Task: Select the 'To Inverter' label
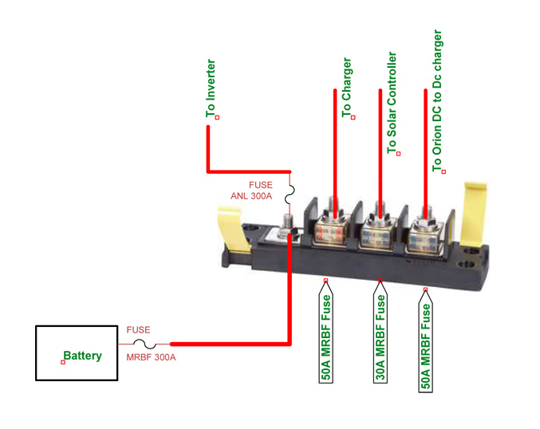[211, 89]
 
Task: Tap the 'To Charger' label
[346, 88]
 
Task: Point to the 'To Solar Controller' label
[392, 103]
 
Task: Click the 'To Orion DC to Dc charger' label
[437, 100]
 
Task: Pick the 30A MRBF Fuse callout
[380, 331]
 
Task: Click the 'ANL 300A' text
[251, 196]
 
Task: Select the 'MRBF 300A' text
[151, 357]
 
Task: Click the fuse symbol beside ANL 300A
[290, 195]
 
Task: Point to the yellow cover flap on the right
[475, 214]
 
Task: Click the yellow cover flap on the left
[234, 230]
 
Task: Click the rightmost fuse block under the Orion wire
[424, 238]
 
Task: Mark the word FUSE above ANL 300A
[261, 185]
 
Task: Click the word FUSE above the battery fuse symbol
[138, 330]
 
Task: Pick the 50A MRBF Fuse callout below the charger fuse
[325, 331]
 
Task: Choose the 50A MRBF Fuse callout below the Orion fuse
[425, 340]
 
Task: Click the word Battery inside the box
[83, 356]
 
